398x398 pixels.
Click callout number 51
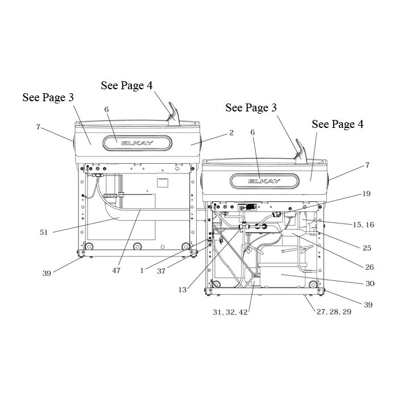coord(44,232)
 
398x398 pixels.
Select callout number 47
coord(116,271)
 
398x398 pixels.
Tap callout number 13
coord(183,289)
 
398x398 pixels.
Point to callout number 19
coord(366,194)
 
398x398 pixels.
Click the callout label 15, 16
coord(363,225)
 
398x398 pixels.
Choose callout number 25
coord(367,248)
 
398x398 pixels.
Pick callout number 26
coord(370,267)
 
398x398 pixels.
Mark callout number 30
coord(370,283)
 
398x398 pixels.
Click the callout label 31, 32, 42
coord(230,312)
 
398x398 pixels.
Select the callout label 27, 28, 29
coord(334,312)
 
